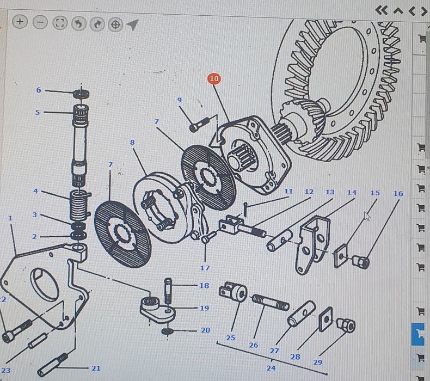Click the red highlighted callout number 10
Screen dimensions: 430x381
click(x=214, y=79)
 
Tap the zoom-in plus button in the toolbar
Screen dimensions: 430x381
click(x=20, y=22)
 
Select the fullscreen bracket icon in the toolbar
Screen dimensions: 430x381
click(x=59, y=23)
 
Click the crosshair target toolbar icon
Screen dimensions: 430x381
click(x=115, y=24)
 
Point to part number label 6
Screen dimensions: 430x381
click(x=39, y=90)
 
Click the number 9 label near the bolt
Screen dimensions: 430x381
click(x=180, y=100)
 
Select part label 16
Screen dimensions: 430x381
click(x=398, y=194)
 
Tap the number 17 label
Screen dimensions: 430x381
click(x=205, y=268)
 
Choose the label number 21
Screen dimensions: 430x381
click(x=96, y=368)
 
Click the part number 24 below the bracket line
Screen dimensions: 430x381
click(x=271, y=368)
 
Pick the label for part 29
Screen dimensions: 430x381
click(x=317, y=362)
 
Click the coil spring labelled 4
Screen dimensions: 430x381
click(x=80, y=205)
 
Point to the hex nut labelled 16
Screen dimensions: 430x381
click(x=361, y=262)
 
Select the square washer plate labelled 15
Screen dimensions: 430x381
click(x=341, y=256)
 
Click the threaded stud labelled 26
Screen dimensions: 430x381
click(x=271, y=302)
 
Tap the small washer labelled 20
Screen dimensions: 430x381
click(x=167, y=331)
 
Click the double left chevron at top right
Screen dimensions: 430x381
click(x=382, y=10)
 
